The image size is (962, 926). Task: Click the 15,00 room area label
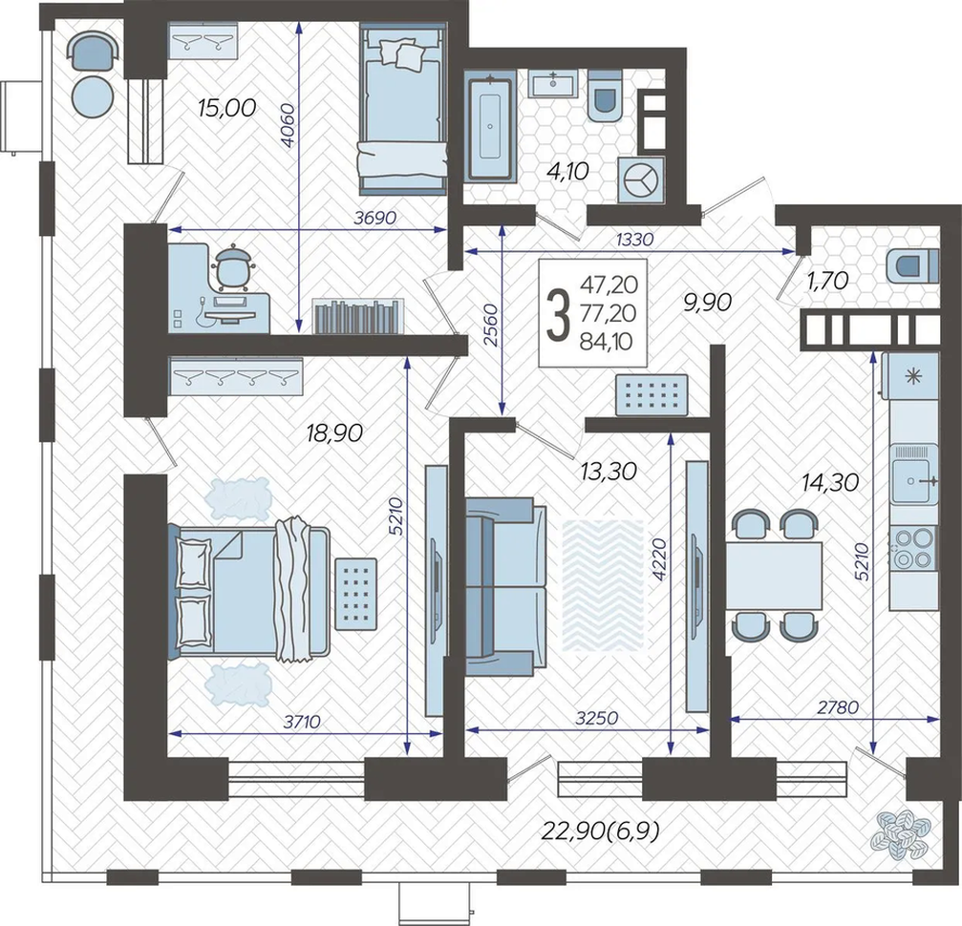[x=227, y=108]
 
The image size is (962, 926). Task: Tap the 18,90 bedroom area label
[x=334, y=433]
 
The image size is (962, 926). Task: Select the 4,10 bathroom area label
[x=567, y=171]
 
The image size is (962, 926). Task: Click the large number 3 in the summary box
[x=558, y=315]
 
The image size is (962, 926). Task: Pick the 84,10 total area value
[x=607, y=342]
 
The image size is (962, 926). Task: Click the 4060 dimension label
[x=288, y=125]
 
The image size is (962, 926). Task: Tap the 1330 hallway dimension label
[x=634, y=240]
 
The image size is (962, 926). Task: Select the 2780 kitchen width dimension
[x=838, y=707]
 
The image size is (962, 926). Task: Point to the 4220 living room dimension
[x=659, y=559]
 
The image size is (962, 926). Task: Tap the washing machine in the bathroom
[x=641, y=180]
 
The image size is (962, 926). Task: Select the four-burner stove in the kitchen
[x=913, y=549]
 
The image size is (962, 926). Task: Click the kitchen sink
[x=913, y=481]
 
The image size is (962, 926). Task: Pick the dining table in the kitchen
[x=774, y=577]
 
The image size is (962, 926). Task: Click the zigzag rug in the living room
[x=603, y=585]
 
